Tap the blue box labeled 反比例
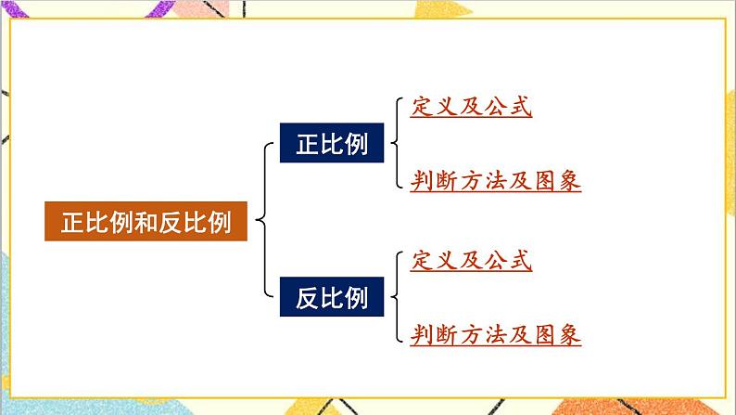point(332,298)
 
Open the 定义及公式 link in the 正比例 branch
point(471,108)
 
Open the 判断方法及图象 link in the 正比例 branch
point(495,181)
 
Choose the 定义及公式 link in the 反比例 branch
point(471,261)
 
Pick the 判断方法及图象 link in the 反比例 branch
point(495,335)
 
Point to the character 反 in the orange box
point(171,223)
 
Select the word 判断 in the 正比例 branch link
point(434,181)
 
